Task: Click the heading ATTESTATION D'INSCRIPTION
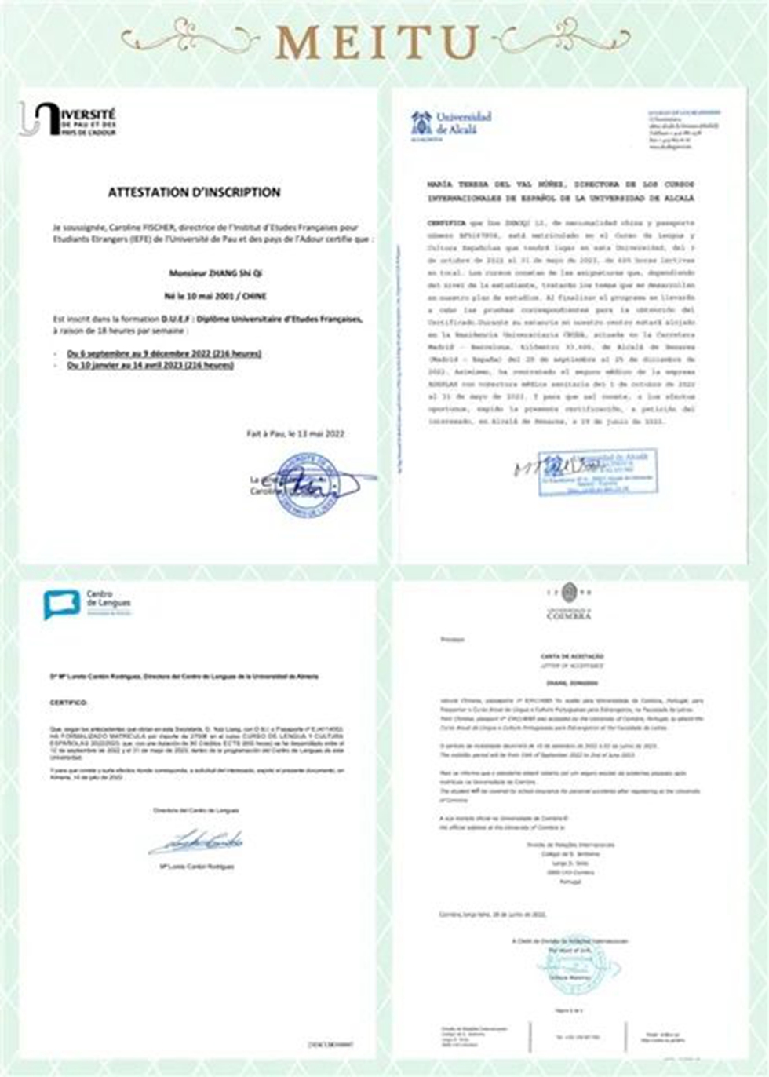pos(194,192)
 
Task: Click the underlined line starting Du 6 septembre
pos(164,353)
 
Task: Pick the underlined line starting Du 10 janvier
pos(151,365)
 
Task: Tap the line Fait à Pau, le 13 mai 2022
pos(295,433)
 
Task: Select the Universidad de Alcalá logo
pos(451,125)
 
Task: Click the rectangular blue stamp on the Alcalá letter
pos(598,471)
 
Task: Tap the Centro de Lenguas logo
pos(87,604)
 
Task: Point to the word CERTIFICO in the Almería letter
pos(68,703)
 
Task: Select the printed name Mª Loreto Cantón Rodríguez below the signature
pos(196,867)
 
